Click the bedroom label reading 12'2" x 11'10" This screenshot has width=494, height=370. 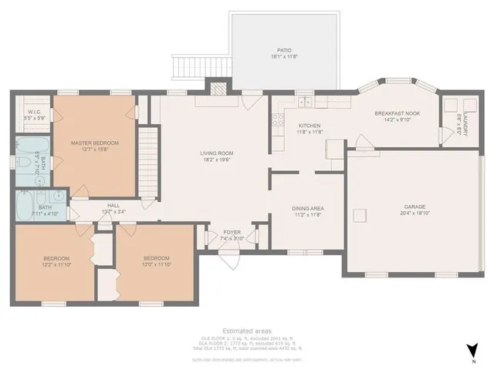click(56, 261)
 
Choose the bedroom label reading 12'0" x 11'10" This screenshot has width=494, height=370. click(154, 261)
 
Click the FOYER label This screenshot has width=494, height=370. click(232, 235)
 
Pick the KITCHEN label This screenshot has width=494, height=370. click(309, 128)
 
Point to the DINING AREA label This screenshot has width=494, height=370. click(306, 212)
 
